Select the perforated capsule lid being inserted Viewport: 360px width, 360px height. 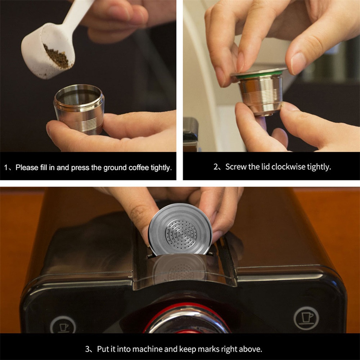pyautogui.click(x=180, y=230)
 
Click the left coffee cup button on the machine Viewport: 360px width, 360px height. pyautogui.click(x=63, y=325)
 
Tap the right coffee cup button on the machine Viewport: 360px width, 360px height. pyautogui.click(x=306, y=318)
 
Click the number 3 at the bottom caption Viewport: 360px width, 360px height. pyautogui.click(x=87, y=349)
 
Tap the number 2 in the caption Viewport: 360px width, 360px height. pyautogui.click(x=216, y=167)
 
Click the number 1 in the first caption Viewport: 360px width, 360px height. pyautogui.click(x=6, y=168)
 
